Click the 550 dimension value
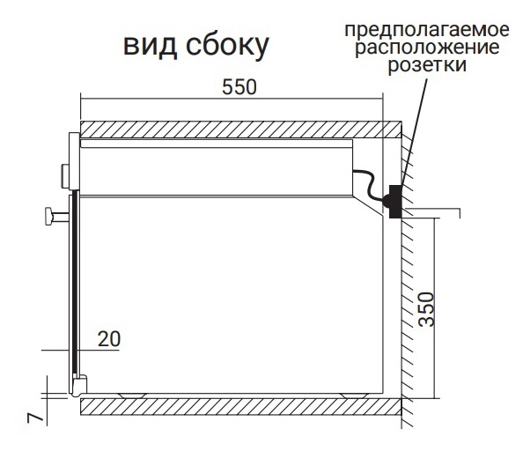click(x=239, y=87)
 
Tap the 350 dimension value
click(x=427, y=309)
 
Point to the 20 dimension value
click(x=108, y=339)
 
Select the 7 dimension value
click(x=36, y=418)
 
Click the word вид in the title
click(x=150, y=45)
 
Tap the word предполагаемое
click(x=427, y=30)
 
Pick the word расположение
click(x=427, y=48)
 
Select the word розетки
click(x=427, y=65)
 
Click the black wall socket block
click(x=395, y=202)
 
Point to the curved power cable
click(x=369, y=185)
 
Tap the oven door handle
click(x=56, y=217)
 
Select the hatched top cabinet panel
click(x=241, y=129)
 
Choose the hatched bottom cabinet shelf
click(x=241, y=406)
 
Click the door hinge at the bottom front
click(x=79, y=386)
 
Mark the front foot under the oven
click(x=133, y=396)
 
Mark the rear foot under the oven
click(x=355, y=396)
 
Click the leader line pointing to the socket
click(x=414, y=132)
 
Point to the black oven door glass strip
click(x=76, y=283)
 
